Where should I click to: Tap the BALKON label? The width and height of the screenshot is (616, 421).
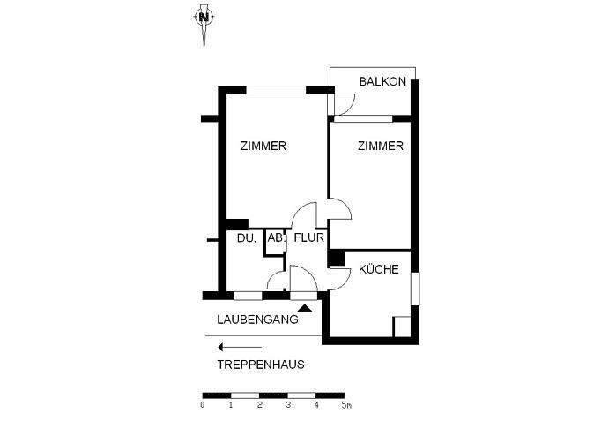coord(382,82)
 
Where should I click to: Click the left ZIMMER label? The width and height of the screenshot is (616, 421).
coord(263,147)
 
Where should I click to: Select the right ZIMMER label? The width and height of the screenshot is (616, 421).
coord(380,147)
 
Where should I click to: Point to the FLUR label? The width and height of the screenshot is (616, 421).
coord(310,237)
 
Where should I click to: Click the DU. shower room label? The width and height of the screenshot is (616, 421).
coord(245,237)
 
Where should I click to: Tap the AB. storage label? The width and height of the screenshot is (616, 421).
coord(276,237)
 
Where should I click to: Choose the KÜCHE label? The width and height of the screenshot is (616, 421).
coord(380,270)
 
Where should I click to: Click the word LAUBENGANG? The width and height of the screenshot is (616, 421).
coord(257,320)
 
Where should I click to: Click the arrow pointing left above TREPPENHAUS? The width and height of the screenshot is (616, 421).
coord(232,347)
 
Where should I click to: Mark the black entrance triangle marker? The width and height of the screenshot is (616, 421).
coord(305,307)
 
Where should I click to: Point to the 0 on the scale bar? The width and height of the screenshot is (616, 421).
coord(202,406)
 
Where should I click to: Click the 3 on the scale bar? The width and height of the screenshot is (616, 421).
coord(287,406)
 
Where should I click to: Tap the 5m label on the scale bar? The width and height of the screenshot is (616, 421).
coord(346,406)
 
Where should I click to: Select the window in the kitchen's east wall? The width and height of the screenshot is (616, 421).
coord(413,290)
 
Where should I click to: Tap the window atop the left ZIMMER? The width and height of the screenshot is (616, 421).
coord(277,88)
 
